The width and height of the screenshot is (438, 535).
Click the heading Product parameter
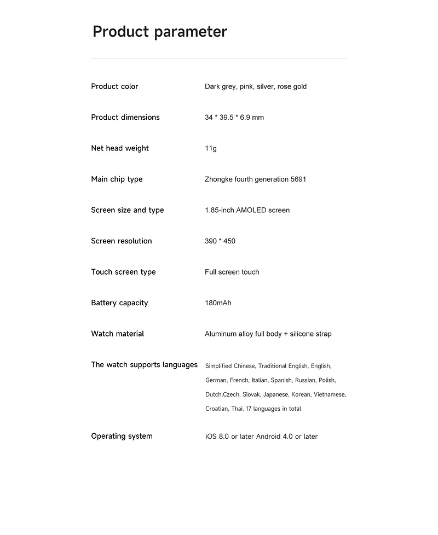click(159, 32)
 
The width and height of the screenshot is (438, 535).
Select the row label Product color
click(114, 86)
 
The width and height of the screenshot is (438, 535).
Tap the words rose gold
click(292, 86)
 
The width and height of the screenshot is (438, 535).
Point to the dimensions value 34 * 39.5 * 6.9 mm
click(234, 118)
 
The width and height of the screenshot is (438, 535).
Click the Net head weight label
click(120, 148)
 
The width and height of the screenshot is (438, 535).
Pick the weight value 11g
click(211, 148)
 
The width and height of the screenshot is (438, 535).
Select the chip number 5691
click(298, 179)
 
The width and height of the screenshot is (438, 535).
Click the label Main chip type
click(117, 179)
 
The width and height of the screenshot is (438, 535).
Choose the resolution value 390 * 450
click(220, 241)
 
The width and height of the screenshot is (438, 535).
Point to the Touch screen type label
click(123, 272)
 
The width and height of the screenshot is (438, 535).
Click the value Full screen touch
click(232, 272)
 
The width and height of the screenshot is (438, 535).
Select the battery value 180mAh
click(218, 303)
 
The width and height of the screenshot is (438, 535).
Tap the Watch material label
click(117, 334)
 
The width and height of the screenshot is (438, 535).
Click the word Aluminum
click(221, 334)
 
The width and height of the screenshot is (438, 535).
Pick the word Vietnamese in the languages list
click(330, 394)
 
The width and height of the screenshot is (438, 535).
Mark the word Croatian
click(217, 409)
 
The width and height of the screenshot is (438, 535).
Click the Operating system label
click(122, 436)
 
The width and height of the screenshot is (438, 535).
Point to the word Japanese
click(275, 394)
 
